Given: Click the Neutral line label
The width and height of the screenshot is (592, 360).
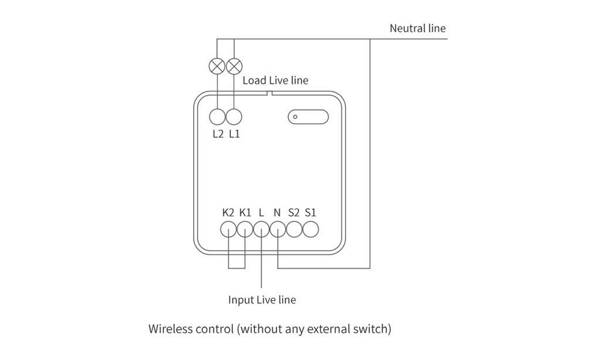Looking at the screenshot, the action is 417,28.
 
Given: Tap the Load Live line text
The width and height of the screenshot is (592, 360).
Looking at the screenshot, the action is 275,80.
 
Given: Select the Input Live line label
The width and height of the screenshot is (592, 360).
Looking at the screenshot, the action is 262,300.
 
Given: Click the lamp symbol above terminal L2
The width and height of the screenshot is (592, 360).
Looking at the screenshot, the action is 217,66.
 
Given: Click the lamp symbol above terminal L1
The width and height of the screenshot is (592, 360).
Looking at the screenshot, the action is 234,66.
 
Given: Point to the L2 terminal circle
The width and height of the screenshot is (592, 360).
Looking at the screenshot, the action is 217,117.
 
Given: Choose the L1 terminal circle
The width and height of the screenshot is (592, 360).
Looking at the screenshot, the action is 234,117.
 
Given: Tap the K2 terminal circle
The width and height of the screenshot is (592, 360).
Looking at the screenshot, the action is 228,229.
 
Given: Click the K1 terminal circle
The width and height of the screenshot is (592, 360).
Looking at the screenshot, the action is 245,229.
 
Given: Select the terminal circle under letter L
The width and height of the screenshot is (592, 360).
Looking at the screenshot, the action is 261,229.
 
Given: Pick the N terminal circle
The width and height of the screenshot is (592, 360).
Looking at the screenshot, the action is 278,229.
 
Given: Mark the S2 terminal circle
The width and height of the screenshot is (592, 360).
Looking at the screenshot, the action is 294,229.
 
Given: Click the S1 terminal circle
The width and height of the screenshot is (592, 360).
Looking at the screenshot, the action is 310,229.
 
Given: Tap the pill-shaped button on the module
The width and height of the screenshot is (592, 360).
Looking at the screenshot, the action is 308,117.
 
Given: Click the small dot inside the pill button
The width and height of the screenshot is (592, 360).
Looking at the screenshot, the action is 295,117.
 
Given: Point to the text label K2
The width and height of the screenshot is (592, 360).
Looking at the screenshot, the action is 228,213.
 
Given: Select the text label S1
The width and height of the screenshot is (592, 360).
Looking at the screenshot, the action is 310,213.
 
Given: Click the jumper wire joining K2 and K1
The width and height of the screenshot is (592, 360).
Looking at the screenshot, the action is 236,268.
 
